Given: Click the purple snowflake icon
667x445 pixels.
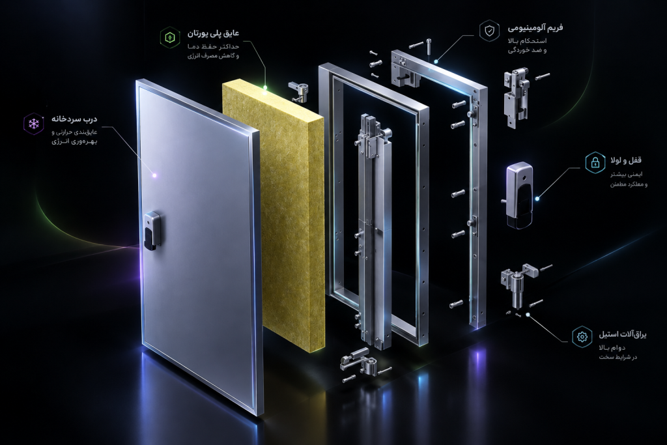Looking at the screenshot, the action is click(34, 124).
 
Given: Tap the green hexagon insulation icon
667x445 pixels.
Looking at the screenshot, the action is click(170, 37).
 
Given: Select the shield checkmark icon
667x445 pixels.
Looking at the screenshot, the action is click(490, 31).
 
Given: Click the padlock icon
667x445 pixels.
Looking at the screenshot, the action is click(595, 162).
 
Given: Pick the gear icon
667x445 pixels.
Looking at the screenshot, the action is click(582, 337).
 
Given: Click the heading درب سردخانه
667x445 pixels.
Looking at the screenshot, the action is click(74, 119).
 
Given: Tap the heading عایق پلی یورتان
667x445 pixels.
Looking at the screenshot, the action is click(213, 33).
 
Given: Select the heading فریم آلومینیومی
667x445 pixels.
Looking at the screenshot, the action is click(535, 27).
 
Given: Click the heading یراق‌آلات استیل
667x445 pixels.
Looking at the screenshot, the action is click(623, 334).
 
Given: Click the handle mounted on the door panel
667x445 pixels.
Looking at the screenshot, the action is click(151, 230).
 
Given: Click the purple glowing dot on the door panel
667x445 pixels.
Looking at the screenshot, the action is click(154, 175).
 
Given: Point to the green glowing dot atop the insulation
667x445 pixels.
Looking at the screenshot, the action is click(264, 88).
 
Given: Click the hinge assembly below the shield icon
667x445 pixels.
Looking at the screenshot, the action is click(517, 98).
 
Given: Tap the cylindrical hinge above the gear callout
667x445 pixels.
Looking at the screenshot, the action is click(518, 287).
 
